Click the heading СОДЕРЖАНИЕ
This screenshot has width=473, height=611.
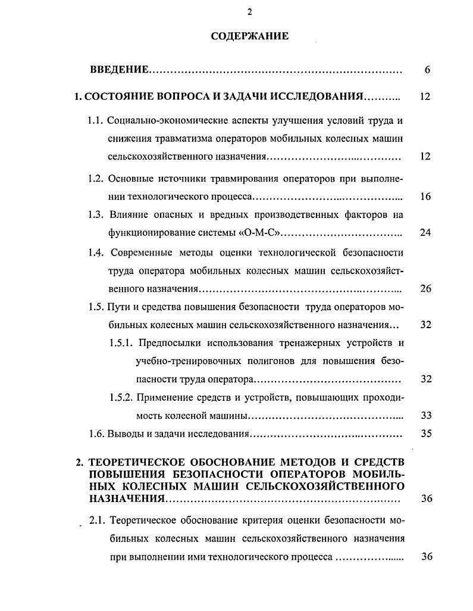coord(249,36)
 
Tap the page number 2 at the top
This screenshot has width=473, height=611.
coord(249,13)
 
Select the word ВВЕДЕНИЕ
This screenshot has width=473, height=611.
coord(119,70)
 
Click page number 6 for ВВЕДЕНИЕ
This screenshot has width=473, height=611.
coord(427,70)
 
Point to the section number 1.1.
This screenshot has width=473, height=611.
coord(96,120)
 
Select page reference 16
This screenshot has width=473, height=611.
coord(425,197)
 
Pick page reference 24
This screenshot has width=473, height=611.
coord(425,232)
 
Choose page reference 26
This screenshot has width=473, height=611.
coord(425,289)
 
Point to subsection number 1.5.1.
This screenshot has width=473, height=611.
coord(121,343)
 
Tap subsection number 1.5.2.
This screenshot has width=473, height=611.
coord(121,397)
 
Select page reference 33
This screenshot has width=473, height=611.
coord(425,416)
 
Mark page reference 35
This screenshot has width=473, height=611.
coord(425,434)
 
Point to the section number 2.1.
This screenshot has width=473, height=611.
coord(98,521)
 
